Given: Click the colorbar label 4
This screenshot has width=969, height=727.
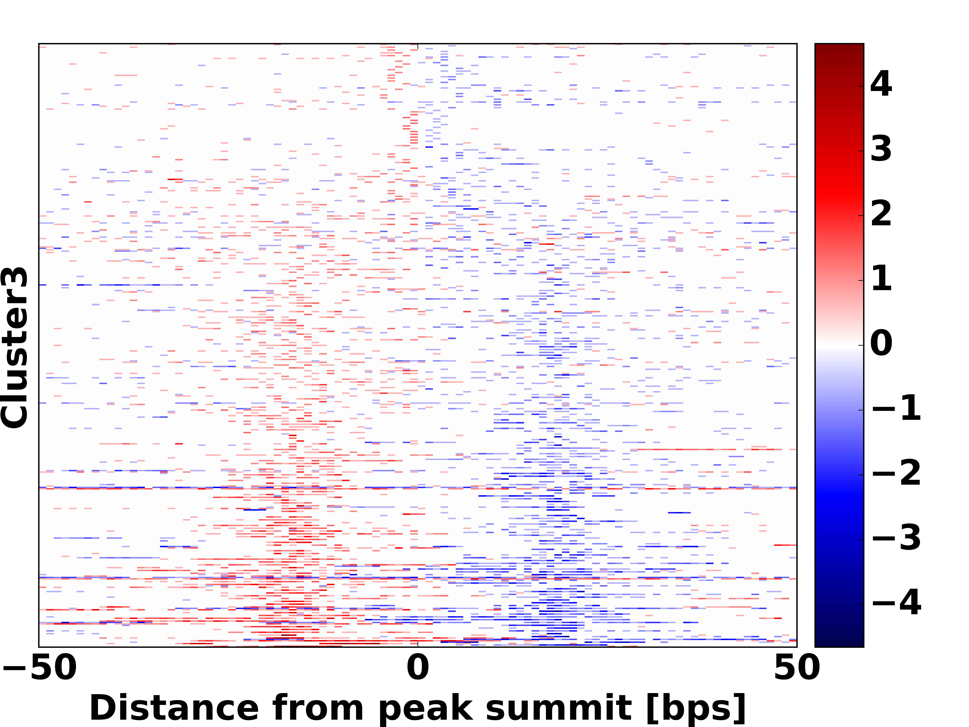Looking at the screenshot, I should pyautogui.click(x=881, y=84).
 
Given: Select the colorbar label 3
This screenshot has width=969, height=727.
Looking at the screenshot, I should pyautogui.click(x=881, y=149).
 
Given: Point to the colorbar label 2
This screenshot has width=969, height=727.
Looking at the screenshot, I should pyautogui.click(x=881, y=214).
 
